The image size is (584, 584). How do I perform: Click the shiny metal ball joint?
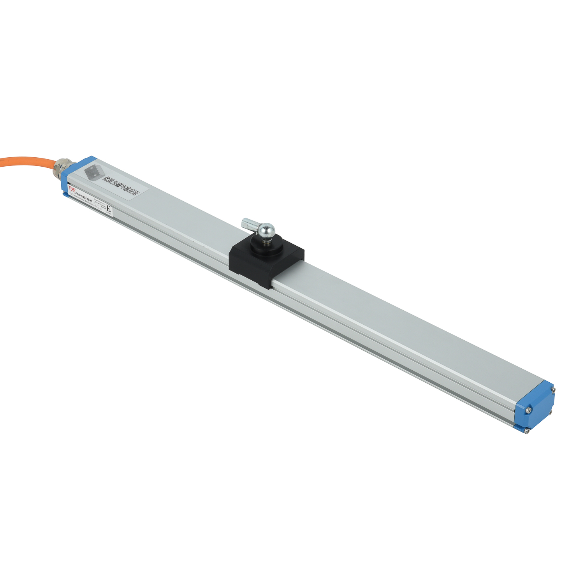pyautogui.click(x=267, y=231)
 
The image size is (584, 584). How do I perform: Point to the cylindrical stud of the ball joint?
pyautogui.click(x=249, y=224)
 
